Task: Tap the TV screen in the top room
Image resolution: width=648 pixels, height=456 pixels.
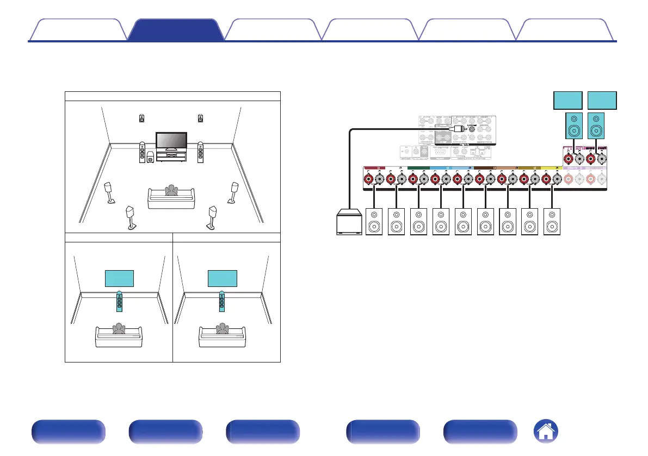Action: pyautogui.click(x=171, y=140)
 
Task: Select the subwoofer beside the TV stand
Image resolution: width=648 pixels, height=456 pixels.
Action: pyautogui.click(x=150, y=160)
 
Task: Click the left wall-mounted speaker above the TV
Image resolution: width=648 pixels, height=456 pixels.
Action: pyautogui.click(x=142, y=118)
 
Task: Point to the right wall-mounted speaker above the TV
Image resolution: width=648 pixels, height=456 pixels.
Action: pyautogui.click(x=201, y=118)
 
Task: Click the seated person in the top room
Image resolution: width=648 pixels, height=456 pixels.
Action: pyautogui.click(x=172, y=190)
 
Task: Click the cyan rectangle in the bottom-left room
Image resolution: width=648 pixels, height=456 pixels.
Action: pyautogui.click(x=119, y=278)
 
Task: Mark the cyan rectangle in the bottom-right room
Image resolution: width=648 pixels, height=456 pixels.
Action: pyautogui.click(x=223, y=278)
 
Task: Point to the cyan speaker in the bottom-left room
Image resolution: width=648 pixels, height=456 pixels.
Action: pyautogui.click(x=119, y=301)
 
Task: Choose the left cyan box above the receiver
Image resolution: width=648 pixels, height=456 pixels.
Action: pyautogui.click(x=567, y=101)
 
